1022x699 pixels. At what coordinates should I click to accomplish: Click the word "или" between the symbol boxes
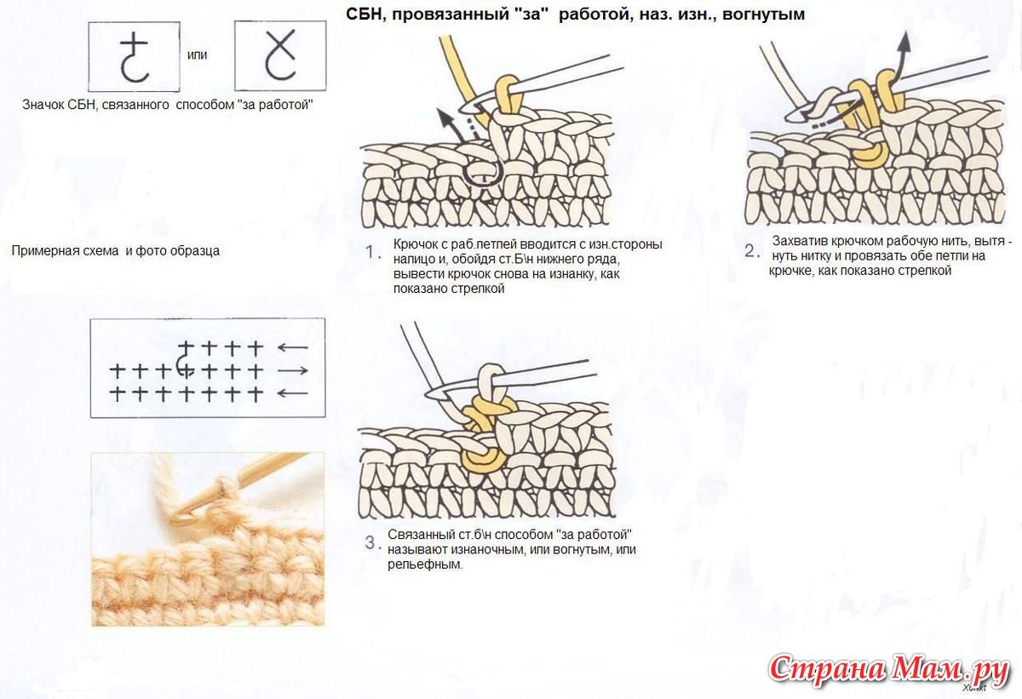[x=197, y=55]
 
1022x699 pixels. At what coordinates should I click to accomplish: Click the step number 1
[x=370, y=252]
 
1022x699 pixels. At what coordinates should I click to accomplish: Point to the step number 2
[x=750, y=251]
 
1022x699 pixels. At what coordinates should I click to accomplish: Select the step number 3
[x=370, y=542]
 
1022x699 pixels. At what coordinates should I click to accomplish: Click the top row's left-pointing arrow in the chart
[x=293, y=348]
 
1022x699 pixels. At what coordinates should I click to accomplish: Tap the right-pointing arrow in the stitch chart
[x=293, y=370]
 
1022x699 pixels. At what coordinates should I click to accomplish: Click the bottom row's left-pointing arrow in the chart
[x=293, y=393]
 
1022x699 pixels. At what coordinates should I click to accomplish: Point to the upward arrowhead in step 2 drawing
[x=904, y=42]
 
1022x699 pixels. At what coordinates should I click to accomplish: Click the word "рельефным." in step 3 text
[x=425, y=565]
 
